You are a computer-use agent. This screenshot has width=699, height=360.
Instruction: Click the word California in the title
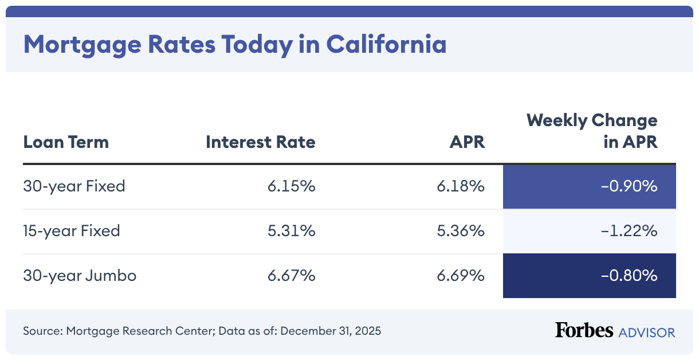pyautogui.click(x=386, y=44)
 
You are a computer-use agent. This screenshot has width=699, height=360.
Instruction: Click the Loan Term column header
pyautogui.click(x=66, y=142)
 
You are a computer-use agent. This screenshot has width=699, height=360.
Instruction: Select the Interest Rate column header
pyautogui.click(x=261, y=142)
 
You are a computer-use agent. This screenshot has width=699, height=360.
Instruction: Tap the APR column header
pyautogui.click(x=467, y=142)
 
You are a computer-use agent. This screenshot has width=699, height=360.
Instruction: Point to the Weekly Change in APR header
pyautogui.click(x=592, y=131)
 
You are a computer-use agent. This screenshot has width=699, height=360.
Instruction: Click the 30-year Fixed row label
pyautogui.click(x=74, y=186)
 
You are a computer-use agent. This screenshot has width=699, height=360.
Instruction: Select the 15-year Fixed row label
pyautogui.click(x=72, y=231)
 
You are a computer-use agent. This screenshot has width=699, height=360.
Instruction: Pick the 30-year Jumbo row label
pyautogui.click(x=80, y=276)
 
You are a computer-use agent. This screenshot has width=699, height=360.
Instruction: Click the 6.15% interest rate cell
pyautogui.click(x=291, y=186)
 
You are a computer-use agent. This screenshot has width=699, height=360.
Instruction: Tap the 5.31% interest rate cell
pyautogui.click(x=291, y=231)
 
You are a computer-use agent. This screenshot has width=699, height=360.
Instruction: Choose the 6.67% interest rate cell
pyautogui.click(x=291, y=276)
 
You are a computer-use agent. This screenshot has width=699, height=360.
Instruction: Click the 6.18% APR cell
pyautogui.click(x=461, y=186)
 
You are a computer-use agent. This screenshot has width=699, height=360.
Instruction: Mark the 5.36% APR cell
pyautogui.click(x=461, y=231)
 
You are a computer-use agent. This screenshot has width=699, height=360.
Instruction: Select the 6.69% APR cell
pyautogui.click(x=461, y=276)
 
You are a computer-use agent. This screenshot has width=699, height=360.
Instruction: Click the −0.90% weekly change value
pyautogui.click(x=629, y=186)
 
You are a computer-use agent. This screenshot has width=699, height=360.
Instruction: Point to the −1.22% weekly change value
pyautogui.click(x=629, y=231)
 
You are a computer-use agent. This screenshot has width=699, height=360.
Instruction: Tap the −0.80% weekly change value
pyautogui.click(x=629, y=276)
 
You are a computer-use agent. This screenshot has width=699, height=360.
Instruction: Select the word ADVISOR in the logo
pyautogui.click(x=646, y=332)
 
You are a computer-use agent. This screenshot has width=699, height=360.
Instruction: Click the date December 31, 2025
pyautogui.click(x=331, y=331)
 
